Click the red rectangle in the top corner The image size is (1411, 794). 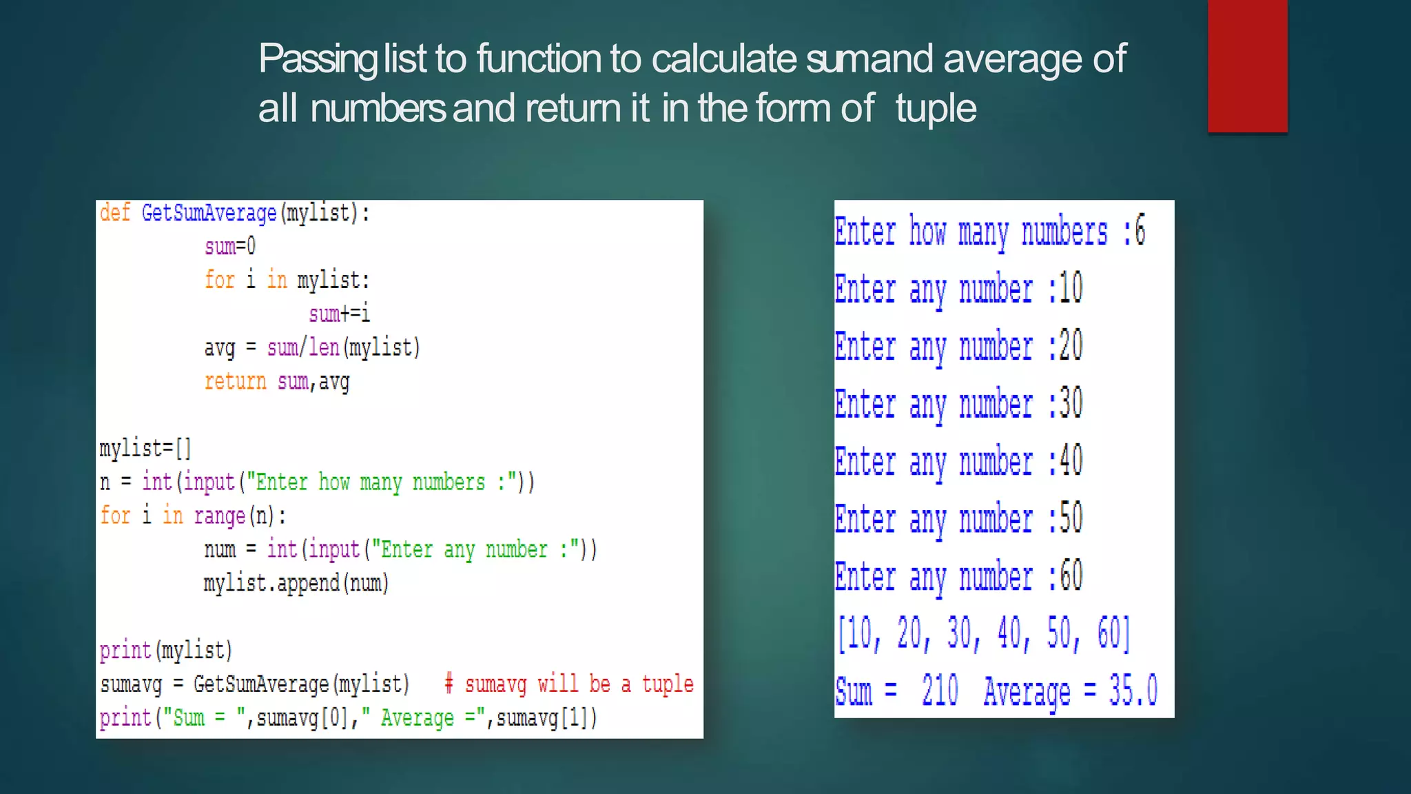1247,65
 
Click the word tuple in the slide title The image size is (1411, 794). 936,109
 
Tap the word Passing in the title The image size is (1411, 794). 318,59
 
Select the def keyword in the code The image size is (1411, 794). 114,213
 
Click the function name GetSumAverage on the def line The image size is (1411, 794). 209,213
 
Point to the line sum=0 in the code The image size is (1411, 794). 230,246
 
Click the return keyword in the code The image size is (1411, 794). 235,381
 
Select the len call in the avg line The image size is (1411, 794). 324,347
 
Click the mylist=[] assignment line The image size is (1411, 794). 145,448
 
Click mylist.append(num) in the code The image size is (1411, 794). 296,583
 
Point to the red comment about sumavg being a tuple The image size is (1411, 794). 569,684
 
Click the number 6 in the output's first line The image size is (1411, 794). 1140,231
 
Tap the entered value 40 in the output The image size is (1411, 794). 1071,461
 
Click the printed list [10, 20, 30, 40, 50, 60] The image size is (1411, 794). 983,633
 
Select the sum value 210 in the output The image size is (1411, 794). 940,691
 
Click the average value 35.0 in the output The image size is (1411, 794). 1133,691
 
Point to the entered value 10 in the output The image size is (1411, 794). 1071,289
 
